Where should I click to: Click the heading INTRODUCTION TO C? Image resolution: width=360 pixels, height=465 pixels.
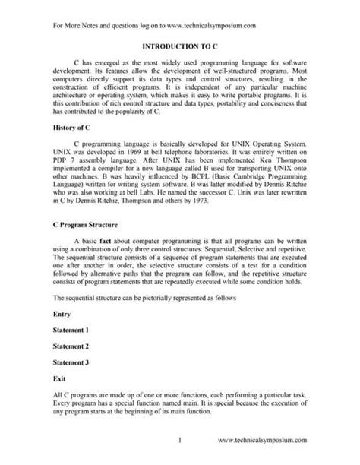point(179,46)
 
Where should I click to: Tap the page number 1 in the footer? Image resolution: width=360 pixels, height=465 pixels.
point(179,440)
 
